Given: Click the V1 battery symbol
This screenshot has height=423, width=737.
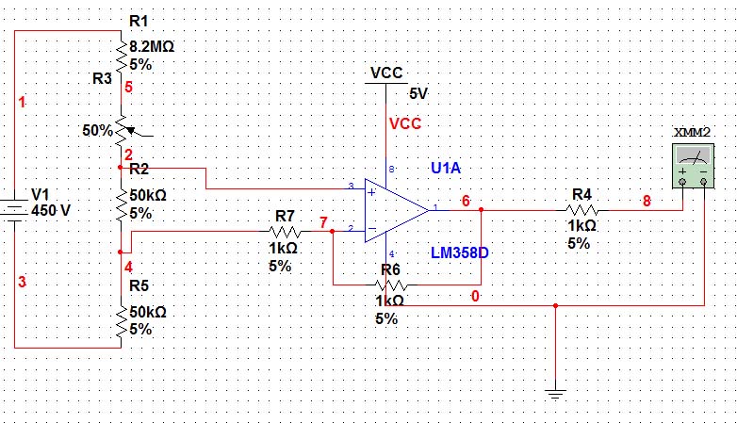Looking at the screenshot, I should [15, 208].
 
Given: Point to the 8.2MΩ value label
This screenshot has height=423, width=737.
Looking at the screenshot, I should [151, 45].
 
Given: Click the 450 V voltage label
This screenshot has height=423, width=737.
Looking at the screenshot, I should [51, 210].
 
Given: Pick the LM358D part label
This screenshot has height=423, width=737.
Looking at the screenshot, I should [461, 253].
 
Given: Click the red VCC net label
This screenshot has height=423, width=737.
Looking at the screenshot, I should [405, 123].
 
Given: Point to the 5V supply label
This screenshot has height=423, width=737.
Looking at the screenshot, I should [418, 93].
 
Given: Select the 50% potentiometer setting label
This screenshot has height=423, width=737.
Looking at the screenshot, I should [96, 130].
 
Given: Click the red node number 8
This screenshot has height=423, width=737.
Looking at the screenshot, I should [647, 201].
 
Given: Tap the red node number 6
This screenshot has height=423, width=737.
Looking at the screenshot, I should [466, 201].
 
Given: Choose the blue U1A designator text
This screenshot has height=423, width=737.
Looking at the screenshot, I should [446, 168].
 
